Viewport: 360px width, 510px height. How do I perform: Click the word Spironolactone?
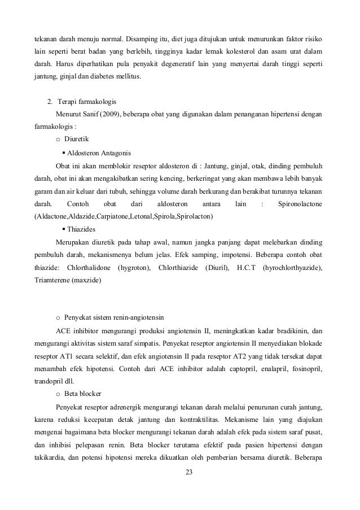[x=301, y=203]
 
